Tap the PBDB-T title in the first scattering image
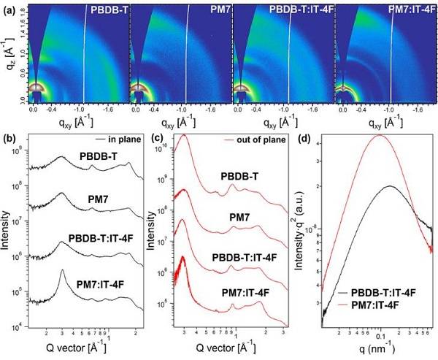click(108, 9)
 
